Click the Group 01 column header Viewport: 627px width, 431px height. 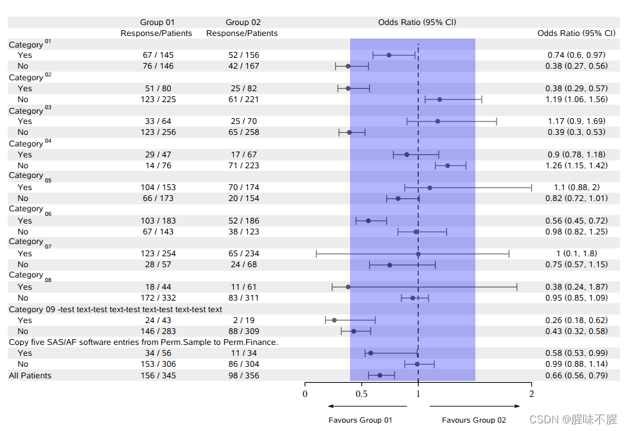157,22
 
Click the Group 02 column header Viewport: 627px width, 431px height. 243,22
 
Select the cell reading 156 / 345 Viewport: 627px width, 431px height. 157,375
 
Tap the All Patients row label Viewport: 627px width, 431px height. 30,375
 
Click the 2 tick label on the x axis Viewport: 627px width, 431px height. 531,394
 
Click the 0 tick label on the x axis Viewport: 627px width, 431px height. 305,394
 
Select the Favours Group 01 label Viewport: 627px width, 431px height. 360,420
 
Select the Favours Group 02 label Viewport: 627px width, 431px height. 473,420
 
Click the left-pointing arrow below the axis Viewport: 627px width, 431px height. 367,406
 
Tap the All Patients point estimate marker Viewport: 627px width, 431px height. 380,375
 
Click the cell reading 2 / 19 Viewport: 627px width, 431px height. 243,320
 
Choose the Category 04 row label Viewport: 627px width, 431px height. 30,143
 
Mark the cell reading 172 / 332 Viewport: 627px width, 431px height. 157,298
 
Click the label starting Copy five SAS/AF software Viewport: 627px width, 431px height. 143,342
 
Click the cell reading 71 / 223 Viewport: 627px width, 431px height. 243,165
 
